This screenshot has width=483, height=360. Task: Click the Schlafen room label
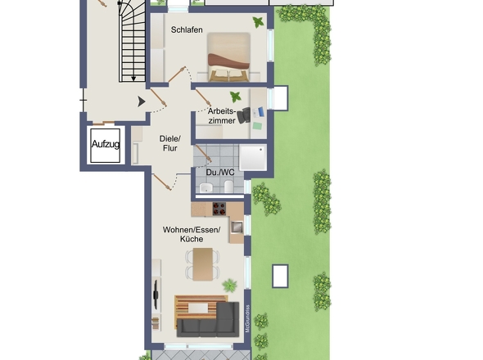coord(187,30)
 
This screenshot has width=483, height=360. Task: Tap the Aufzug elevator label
coord(106,144)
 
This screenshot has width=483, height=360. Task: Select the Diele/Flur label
coord(170,143)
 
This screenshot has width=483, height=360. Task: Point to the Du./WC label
coord(220,173)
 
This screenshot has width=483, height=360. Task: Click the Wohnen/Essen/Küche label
coord(192,234)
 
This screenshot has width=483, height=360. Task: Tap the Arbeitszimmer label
coord(222,115)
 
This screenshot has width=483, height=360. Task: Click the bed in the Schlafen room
coord(228,57)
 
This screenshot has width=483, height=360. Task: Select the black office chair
coord(244,115)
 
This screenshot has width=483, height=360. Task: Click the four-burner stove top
coord(219,209)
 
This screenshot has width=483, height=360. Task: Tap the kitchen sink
coord(237,227)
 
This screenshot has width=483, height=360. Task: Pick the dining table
coord(203,264)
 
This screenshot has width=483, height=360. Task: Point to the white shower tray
coord(253,158)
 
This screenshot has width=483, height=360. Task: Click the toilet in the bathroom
coord(229,187)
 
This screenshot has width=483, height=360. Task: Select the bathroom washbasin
coord(205,187)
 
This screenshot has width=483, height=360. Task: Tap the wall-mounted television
coord(156,294)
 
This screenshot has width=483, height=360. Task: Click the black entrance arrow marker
coord(141,101)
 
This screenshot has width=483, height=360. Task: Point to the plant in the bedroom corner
coord(258,22)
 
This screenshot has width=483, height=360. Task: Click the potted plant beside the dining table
coord(230,286)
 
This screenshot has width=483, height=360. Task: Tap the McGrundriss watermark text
coord(247,319)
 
